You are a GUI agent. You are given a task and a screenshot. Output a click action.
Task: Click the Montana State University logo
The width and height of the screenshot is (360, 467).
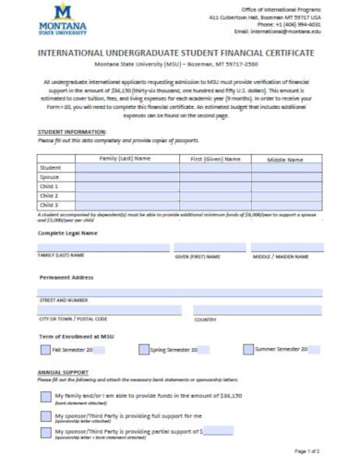58,18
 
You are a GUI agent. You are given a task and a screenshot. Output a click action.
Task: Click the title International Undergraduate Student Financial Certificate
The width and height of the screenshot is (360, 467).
180,54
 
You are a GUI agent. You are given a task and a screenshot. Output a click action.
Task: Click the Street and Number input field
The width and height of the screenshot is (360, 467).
180,292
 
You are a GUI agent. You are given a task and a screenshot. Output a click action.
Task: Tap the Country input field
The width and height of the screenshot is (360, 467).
258,311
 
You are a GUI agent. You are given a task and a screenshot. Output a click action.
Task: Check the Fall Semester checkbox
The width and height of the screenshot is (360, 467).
45,350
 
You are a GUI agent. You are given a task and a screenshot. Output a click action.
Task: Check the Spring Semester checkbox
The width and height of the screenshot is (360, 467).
143,350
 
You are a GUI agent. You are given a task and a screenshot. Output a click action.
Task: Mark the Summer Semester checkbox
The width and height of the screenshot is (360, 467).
248,350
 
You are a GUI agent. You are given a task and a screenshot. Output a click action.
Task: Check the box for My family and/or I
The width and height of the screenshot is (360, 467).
45,397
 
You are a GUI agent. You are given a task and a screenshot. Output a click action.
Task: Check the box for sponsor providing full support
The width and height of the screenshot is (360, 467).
45,415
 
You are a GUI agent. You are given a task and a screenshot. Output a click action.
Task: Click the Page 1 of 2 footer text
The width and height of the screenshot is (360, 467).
306,451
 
